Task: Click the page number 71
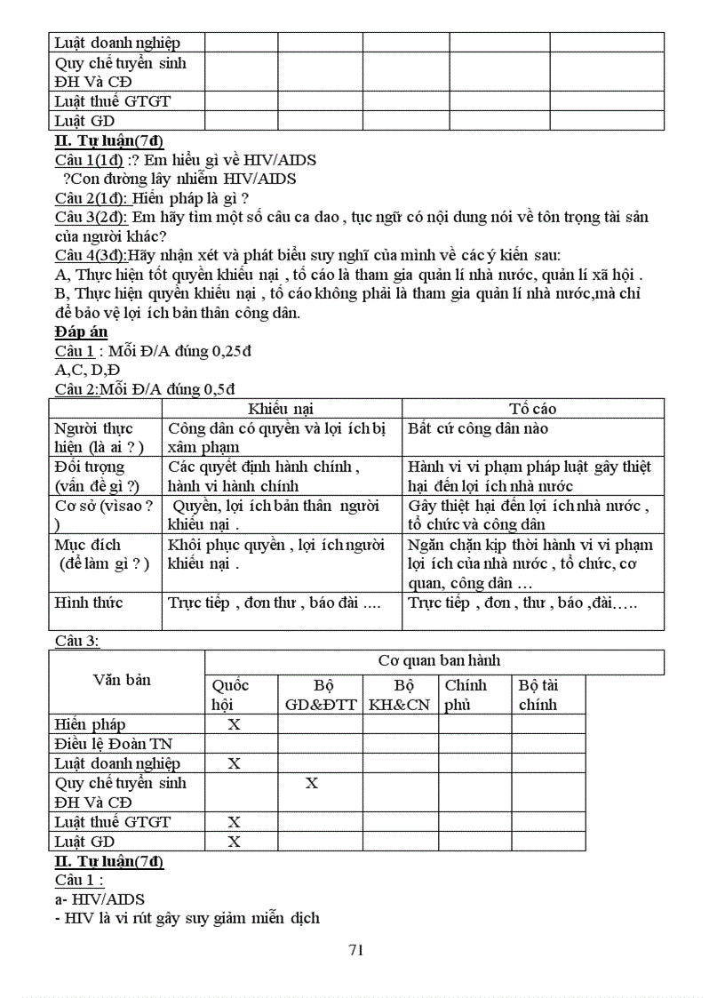coord(356,950)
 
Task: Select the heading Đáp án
coord(81,331)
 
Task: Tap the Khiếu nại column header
coord(281,409)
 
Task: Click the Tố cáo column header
coord(533,409)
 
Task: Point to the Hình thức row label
coord(89,603)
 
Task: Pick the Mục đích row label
coord(89,554)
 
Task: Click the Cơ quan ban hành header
coord(439,660)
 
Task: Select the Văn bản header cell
coord(122,680)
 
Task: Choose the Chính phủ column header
coord(466,694)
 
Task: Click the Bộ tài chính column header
coord(538,694)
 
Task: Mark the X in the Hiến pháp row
coord(235,724)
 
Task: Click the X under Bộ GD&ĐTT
coord(312,783)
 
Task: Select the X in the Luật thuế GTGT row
coord(235,822)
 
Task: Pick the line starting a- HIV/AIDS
coord(100,899)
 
